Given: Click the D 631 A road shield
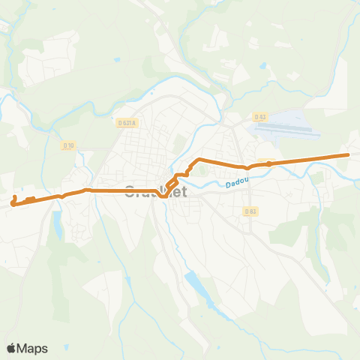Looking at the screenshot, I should [x=128, y=123].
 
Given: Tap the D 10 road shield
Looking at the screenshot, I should [x=68, y=145].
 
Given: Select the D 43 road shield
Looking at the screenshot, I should [x=260, y=117].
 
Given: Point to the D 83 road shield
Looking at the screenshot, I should [x=250, y=211].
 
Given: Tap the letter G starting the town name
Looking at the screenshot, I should [x=130, y=193].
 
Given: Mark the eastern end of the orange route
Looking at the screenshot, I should [x=348, y=155].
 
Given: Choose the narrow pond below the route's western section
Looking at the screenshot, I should [x=57, y=222].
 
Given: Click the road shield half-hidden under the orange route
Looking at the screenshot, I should [x=268, y=163].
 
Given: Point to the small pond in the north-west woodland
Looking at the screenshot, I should [x=116, y=59].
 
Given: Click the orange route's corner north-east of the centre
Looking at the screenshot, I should [x=196, y=160].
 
